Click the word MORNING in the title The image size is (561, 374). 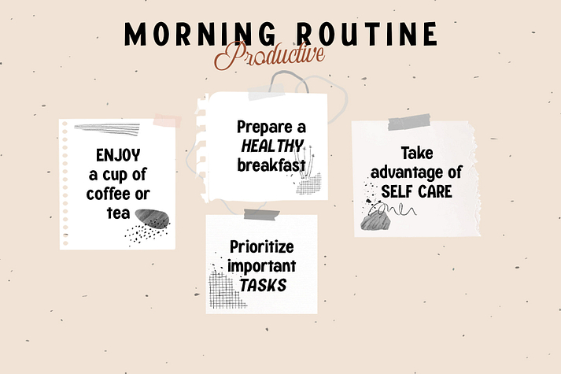[200, 34]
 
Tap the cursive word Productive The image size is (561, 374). [269, 55]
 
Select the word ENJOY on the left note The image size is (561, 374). [118, 155]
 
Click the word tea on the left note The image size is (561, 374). [119, 213]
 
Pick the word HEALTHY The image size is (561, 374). [272, 146]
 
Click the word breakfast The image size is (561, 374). [271, 165]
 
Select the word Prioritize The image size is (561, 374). [261, 246]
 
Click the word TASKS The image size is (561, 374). [263, 285]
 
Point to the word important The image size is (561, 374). [261, 266]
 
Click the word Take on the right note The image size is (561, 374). [417, 154]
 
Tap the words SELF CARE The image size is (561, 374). [416, 191]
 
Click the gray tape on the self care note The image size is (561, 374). [409, 122]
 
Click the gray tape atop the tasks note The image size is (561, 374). [261, 214]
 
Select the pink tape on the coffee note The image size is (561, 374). [167, 120]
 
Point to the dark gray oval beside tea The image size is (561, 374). [152, 219]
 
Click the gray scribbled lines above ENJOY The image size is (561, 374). [107, 129]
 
